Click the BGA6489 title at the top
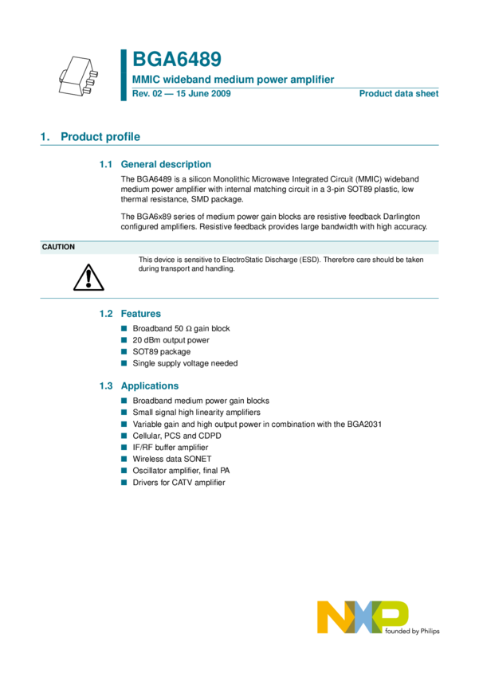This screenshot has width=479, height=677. (x=176, y=60)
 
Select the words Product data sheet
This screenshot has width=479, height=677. (x=399, y=94)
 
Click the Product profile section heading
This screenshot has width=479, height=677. (x=100, y=137)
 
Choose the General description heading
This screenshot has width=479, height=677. (x=166, y=164)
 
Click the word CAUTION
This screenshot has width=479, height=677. (x=58, y=247)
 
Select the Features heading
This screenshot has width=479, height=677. (x=140, y=314)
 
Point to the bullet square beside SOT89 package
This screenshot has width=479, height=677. (x=124, y=351)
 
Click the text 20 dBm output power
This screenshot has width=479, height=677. (x=171, y=340)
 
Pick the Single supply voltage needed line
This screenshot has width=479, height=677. (x=185, y=363)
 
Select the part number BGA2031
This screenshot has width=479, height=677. (x=364, y=424)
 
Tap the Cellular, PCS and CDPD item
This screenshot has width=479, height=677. (x=177, y=436)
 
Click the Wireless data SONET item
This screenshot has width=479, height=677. (x=172, y=459)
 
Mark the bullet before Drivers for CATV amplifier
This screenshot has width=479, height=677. (x=124, y=483)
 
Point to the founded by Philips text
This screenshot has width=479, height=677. (x=413, y=631)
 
